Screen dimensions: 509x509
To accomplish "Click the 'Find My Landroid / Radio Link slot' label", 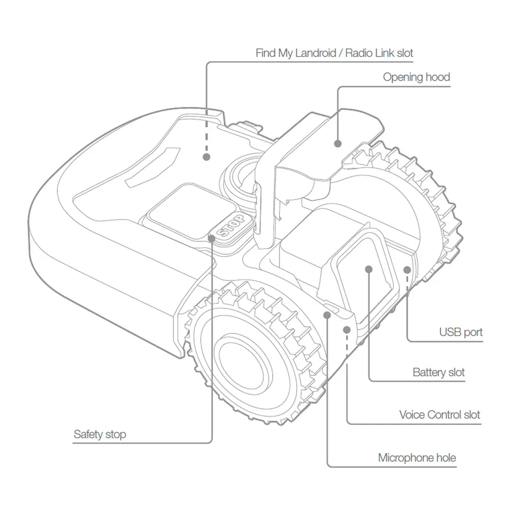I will click(334, 52).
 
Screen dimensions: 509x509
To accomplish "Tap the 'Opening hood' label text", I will click(416, 77).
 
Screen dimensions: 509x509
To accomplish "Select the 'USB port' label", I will click(461, 332).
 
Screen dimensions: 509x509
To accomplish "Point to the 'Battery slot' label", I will click(438, 372).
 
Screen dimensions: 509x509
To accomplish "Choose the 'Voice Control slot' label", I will click(439, 414).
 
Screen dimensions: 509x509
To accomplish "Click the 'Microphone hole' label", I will click(417, 458).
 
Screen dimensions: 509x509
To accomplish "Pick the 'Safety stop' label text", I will click(100, 434).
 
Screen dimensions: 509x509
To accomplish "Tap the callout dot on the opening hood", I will click(337, 144).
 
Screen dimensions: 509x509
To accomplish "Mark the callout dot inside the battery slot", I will click(369, 268).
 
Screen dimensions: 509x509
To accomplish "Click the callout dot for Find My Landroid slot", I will click(206, 157).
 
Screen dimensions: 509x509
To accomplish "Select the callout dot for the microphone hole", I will click(327, 315).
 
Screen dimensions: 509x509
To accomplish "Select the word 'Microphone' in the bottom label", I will click(403, 458).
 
